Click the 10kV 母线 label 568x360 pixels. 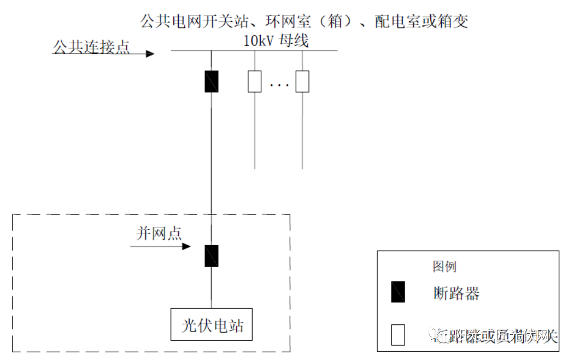coord(276,41)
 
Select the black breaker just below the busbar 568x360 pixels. coord(212,81)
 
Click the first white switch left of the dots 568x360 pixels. coord(255,81)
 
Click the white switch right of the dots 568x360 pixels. coord(302,81)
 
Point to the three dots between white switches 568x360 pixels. coord(279,85)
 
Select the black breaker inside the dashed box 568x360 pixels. coord(212,256)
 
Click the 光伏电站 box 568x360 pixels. coord(213,326)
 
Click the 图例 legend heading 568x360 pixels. coord(444,267)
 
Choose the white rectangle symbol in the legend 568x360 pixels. coord(398,335)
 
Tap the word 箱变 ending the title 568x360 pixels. coord(453,21)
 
